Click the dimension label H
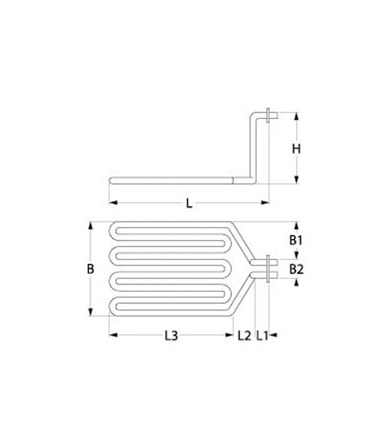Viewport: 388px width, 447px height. [296, 149]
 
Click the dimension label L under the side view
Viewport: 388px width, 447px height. [189, 203]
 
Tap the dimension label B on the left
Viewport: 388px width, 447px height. [91, 268]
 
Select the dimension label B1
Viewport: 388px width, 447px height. [296, 240]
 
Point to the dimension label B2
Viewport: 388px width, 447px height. [296, 268]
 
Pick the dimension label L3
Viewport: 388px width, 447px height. [171, 335]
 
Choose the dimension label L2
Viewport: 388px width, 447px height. [244, 335]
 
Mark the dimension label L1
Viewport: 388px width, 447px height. [263, 335]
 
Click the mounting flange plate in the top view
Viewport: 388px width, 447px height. [267, 268]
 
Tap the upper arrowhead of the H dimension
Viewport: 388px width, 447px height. [296, 117]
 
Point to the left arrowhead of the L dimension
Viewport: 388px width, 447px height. [112, 203]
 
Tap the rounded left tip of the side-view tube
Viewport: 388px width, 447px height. [110, 181]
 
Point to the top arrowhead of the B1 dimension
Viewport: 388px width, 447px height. [296, 226]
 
